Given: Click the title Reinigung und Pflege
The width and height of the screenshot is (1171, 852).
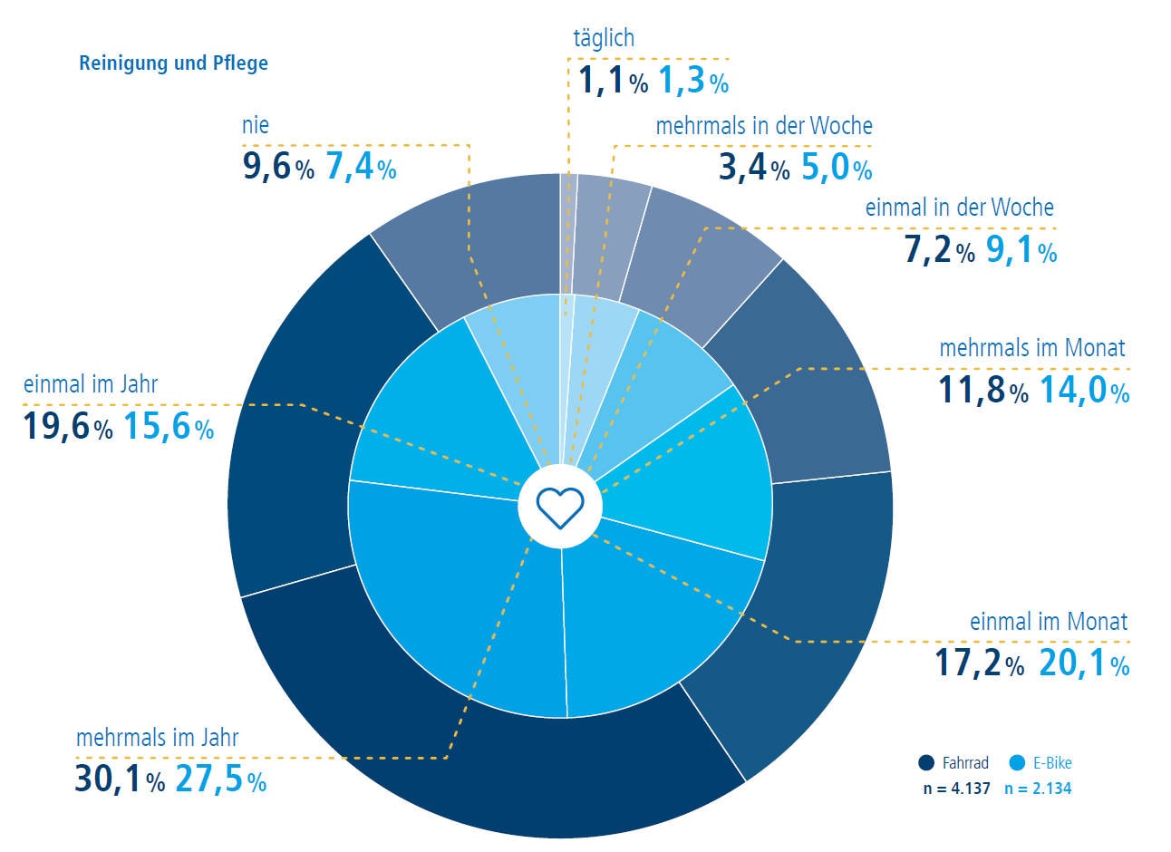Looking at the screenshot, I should [173, 63].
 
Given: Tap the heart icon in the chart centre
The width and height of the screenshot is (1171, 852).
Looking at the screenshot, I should [560, 507].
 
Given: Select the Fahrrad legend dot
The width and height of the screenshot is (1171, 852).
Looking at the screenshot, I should [925, 763].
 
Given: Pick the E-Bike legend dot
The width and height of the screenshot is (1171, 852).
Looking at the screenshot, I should [1016, 763].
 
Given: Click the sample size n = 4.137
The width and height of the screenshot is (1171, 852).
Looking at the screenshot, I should [956, 789].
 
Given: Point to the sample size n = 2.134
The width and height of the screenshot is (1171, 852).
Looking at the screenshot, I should [1038, 789].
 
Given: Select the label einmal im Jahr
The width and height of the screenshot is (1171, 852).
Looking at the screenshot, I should [91, 384].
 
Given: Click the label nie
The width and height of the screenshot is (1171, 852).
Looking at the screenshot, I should [256, 125].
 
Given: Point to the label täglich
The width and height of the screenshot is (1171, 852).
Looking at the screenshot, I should [604, 38].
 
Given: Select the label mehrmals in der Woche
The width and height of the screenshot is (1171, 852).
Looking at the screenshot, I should [764, 125].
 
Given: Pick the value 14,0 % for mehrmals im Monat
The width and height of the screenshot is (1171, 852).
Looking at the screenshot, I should [1083, 391].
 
